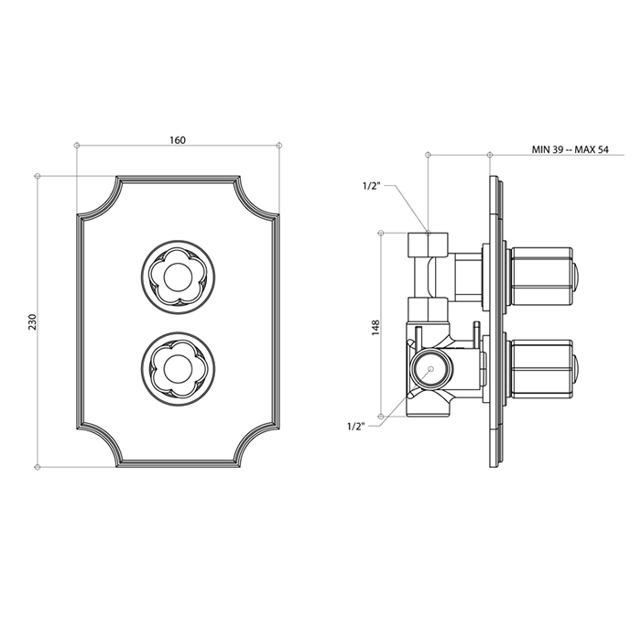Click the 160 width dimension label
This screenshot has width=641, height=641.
[178, 140]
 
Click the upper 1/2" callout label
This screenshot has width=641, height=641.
[372, 186]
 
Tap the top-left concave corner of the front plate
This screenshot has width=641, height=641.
[100, 198]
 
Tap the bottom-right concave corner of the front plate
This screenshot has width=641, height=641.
[255, 445]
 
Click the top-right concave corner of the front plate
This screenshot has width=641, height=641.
[255, 198]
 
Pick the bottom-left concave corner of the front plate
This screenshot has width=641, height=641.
[100, 445]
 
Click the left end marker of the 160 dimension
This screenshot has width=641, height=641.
[77, 145]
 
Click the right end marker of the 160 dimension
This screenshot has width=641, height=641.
[279, 145]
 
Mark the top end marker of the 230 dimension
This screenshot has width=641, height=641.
[37, 175]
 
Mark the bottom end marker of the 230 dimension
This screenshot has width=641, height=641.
[37, 467]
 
